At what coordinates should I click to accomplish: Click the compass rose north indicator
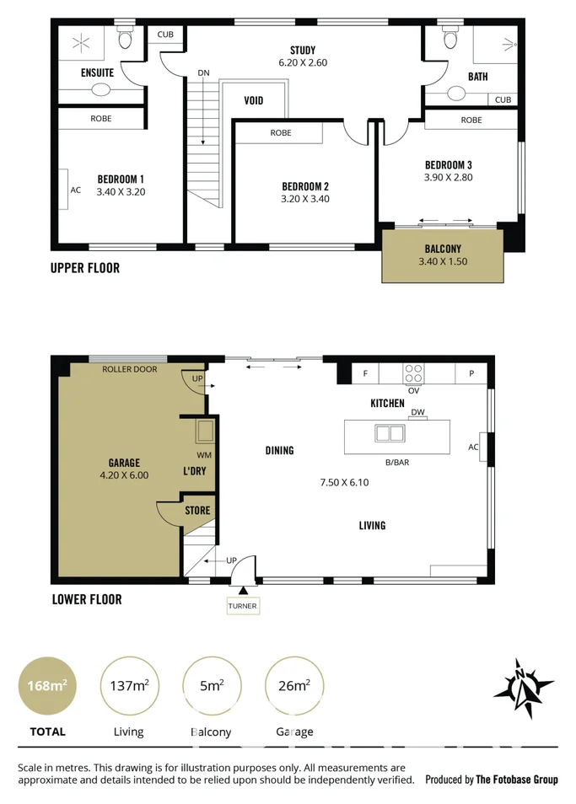coord(524,687)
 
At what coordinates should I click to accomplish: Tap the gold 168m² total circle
coord(47,686)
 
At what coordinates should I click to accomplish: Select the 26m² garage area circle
coord(293,686)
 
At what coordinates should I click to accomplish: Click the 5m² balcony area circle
coord(212,686)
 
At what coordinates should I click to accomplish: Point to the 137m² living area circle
coord(129,686)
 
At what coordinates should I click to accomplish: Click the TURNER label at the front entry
coord(242,606)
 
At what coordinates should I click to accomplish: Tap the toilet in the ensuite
coord(126,38)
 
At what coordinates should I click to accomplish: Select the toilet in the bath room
coord(449,38)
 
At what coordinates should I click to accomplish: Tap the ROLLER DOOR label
coord(129,369)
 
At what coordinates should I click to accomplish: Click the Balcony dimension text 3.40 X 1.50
coord(442,261)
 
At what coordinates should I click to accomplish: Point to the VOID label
coord(253,100)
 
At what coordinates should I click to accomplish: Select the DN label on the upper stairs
coord(203,73)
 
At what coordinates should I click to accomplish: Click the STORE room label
coord(197,511)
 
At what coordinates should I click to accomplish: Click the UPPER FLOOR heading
coord(85,268)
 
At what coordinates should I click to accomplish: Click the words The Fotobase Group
coord(516,780)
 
